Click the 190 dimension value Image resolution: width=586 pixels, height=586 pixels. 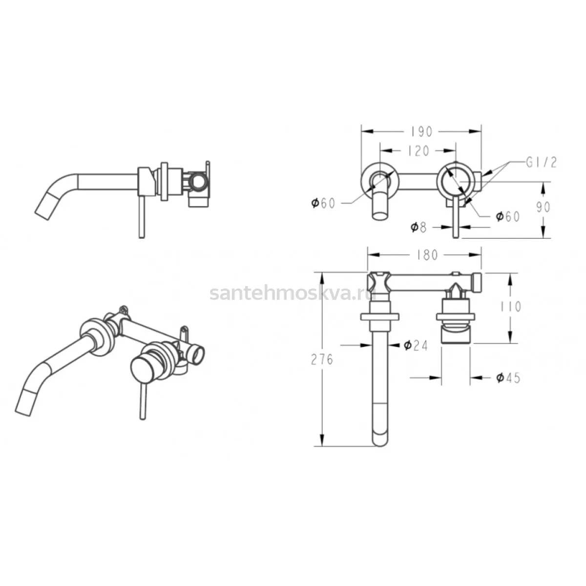pyautogui.click(x=421, y=131)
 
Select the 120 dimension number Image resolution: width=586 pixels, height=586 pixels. pyautogui.click(x=418, y=151)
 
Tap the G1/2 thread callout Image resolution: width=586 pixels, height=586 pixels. pyautogui.click(x=541, y=163)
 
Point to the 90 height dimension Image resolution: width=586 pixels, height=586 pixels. pyautogui.click(x=543, y=207)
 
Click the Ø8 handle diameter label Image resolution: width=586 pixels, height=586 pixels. pyautogui.click(x=419, y=227)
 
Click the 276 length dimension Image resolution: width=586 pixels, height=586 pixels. pyautogui.click(x=322, y=360)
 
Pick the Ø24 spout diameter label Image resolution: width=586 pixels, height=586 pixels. pyautogui.click(x=416, y=345)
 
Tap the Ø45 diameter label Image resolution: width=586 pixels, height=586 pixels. pyautogui.click(x=508, y=377)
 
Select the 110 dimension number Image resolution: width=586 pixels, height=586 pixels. pyautogui.click(x=511, y=307)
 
